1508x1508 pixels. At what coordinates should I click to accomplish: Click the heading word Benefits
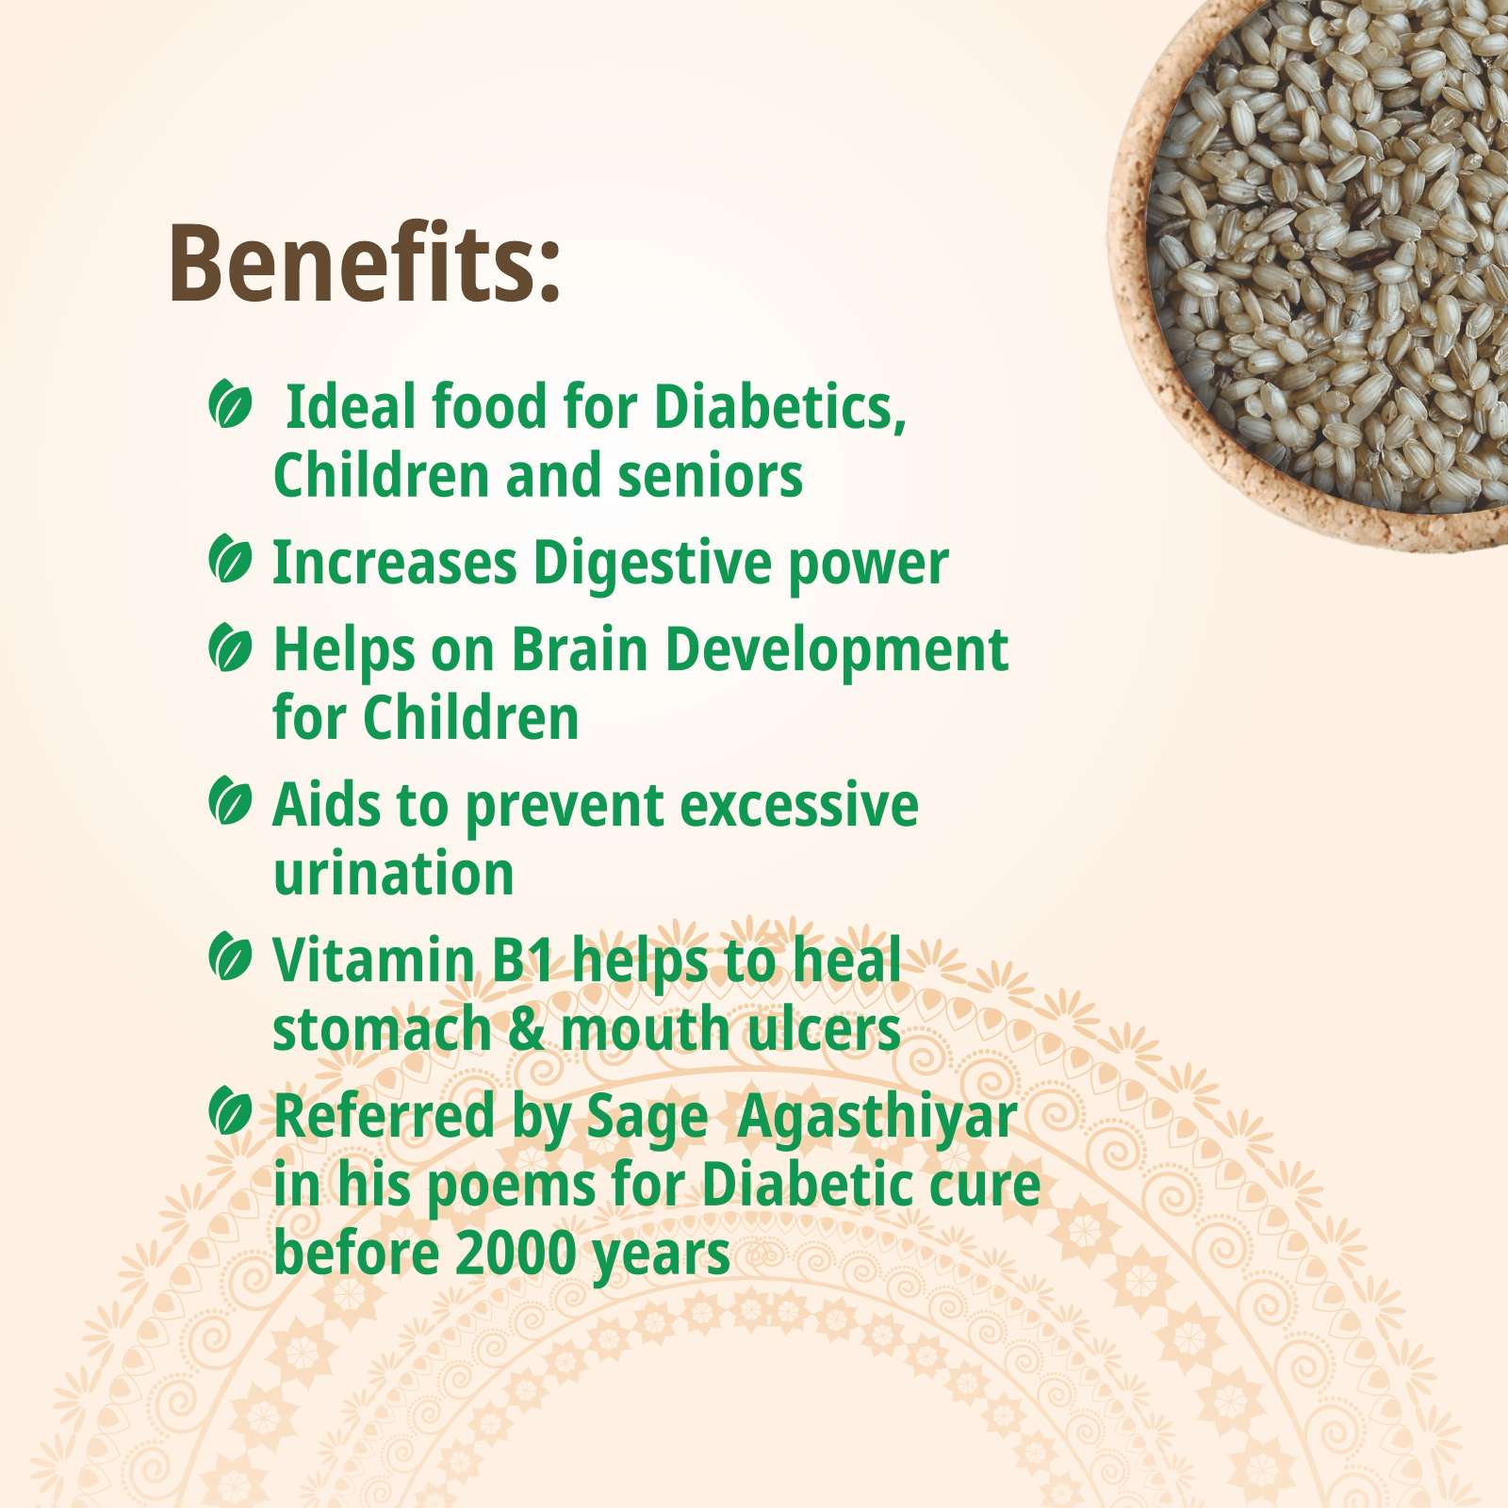[x=365, y=263]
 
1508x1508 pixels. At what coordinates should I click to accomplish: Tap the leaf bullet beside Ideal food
[x=230, y=405]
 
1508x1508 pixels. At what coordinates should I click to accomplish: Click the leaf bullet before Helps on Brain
[x=230, y=648]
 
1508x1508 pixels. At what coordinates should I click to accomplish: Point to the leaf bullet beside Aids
[x=230, y=802]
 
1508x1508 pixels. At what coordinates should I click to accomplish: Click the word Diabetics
[x=779, y=409]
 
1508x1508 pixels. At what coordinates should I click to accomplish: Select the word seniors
[x=711, y=476]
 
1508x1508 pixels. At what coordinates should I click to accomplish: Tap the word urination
[x=393, y=874]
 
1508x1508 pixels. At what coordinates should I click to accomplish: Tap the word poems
[x=510, y=1188]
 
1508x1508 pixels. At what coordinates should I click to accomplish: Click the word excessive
[x=799, y=807]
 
